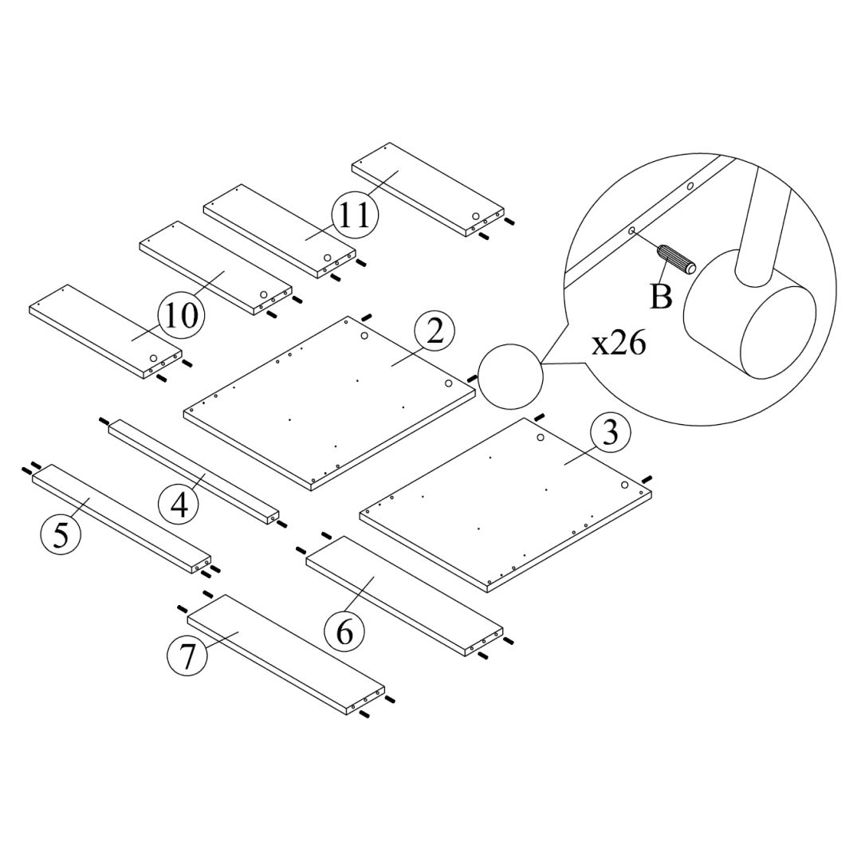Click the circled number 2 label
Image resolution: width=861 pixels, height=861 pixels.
click(x=434, y=332)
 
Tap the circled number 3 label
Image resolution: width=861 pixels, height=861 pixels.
click(x=610, y=434)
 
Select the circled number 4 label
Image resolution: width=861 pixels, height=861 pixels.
click(x=180, y=504)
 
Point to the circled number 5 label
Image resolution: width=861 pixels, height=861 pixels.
click(x=61, y=534)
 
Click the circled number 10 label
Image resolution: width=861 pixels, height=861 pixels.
click(x=182, y=316)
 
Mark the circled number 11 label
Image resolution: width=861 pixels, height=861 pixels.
click(x=354, y=215)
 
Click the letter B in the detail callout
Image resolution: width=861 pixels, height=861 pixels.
click(x=661, y=297)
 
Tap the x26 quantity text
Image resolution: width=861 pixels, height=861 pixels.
click(x=619, y=344)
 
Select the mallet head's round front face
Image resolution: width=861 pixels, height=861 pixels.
click(x=777, y=335)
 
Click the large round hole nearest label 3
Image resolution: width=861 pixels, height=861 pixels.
click(x=541, y=438)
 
